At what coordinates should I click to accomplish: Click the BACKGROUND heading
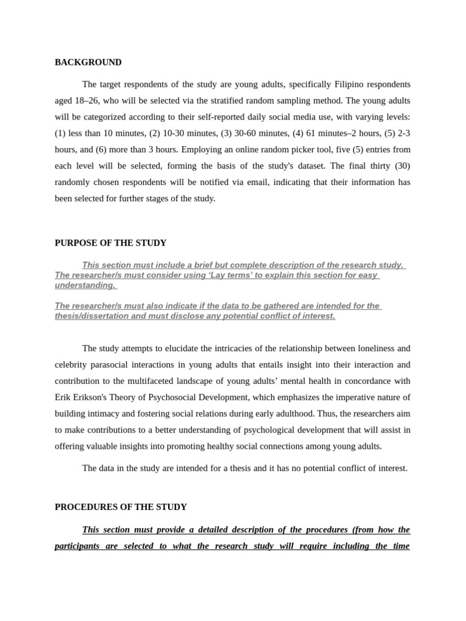pyautogui.click(x=88, y=62)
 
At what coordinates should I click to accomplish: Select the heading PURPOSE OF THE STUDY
pyautogui.click(x=110, y=243)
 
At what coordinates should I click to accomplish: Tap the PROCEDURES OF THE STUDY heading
pyautogui.click(x=121, y=507)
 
